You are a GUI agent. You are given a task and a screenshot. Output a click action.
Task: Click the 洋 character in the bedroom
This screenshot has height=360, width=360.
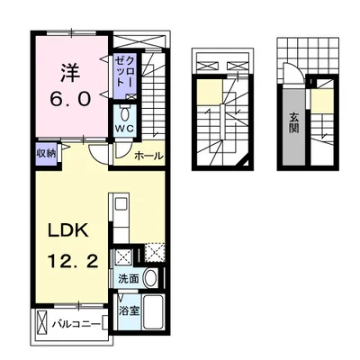pos(71,73)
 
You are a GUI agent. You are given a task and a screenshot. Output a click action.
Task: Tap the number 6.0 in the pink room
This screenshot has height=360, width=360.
pos(70,98)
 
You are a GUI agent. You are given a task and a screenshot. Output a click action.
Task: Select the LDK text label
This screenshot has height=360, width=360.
pos(68,230)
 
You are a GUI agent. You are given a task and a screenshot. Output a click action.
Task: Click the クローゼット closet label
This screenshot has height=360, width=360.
pos(124,74)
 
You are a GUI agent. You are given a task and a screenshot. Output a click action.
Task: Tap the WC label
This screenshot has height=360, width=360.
pos(125,128)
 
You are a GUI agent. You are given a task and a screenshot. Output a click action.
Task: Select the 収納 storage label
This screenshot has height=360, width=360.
pos(47,154)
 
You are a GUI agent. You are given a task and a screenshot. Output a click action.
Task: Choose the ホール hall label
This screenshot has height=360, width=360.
pos(149,156)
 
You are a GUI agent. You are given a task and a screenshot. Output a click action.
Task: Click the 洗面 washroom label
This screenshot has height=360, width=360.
pos(129,279)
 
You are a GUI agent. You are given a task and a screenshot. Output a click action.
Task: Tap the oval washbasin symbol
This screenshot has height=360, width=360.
pos(151,277)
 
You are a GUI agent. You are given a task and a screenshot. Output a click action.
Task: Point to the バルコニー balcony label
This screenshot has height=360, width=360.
pos(76,324)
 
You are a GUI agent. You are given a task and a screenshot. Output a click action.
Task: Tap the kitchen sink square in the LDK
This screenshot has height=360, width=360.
pos(121,205)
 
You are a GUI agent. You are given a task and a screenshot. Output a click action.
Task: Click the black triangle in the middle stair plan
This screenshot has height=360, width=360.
pos(245,161)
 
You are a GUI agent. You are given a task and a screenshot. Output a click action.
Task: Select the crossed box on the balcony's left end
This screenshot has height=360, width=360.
pos(42,323)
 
